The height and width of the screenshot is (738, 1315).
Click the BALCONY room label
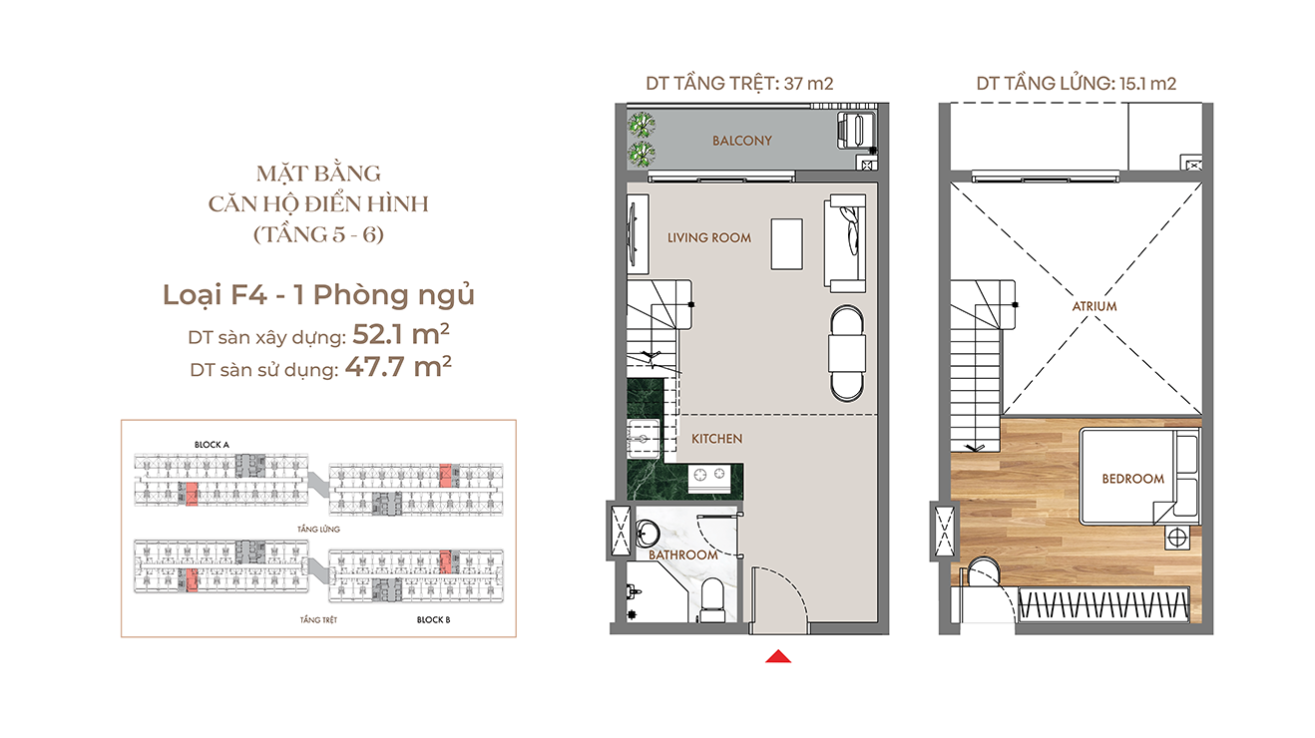click(742, 141)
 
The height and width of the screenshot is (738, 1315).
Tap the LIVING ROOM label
click(709, 237)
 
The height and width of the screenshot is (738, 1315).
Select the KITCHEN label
click(716, 439)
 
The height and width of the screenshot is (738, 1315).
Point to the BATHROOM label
click(683, 554)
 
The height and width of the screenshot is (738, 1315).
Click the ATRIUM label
click(1095, 306)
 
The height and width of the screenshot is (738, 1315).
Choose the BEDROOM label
click(1133, 479)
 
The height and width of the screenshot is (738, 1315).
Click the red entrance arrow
click(778, 656)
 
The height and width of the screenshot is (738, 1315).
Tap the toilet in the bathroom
click(712, 599)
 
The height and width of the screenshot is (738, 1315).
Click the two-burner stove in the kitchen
click(708, 475)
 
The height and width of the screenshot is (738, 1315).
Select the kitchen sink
click(643, 438)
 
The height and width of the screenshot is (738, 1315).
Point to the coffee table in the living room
click(786, 244)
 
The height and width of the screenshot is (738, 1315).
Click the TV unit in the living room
click(637, 234)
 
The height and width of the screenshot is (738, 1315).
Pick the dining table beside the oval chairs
click(847, 353)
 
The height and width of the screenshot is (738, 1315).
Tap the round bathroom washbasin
click(649, 535)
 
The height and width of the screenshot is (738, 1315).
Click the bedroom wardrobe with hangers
click(1103, 604)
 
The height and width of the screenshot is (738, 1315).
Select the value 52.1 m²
click(401, 334)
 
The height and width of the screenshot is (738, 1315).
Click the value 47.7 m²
click(398, 367)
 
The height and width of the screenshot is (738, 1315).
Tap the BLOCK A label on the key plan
click(212, 445)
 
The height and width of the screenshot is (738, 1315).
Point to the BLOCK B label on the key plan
click(433, 619)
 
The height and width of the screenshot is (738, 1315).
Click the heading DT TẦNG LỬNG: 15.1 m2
click(1077, 84)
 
